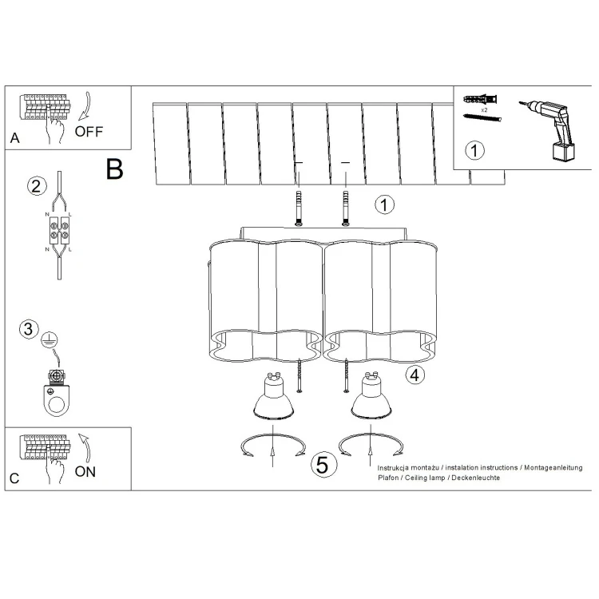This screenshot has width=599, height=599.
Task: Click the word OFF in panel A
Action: [x=89, y=132]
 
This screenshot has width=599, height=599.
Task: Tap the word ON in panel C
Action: [x=85, y=472]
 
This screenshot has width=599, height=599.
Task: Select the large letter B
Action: [x=114, y=169]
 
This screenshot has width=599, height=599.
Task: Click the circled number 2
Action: [x=37, y=186]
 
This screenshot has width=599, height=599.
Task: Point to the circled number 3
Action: [x=29, y=329]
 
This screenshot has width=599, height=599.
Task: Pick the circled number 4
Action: [x=415, y=375]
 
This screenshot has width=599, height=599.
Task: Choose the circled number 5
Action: [x=323, y=465]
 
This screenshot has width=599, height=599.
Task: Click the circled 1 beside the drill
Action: [x=474, y=150]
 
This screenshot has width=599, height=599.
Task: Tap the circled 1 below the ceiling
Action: [x=384, y=204]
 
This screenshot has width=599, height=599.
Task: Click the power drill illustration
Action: [x=547, y=128]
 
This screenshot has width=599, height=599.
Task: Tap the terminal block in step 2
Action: [x=59, y=230]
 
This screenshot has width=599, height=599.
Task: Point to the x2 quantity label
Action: [x=485, y=110]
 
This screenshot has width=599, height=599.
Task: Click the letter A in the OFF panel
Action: [x=15, y=138]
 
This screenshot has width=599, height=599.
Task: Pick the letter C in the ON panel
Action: [x=14, y=478]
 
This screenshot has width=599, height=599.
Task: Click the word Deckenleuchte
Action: [x=476, y=478]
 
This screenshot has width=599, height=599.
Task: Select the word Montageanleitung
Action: [x=553, y=467]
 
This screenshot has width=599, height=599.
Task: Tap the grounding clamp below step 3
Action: [x=57, y=393]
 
